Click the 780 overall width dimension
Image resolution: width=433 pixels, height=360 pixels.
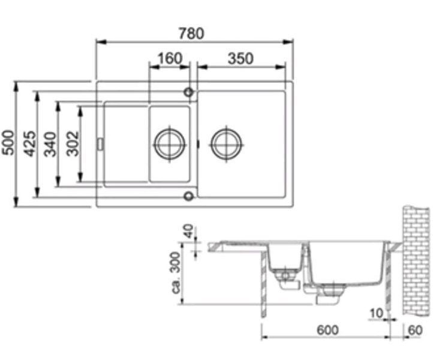[191, 33]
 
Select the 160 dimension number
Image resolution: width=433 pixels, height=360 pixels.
[170, 58]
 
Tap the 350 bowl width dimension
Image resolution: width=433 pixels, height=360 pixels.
[240, 59]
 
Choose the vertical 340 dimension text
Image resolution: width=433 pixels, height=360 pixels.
[50, 144]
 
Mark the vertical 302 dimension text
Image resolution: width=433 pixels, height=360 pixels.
[73, 143]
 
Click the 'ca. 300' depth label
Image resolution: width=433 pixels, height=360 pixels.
[176, 273]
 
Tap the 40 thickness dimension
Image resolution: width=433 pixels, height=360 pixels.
[188, 231]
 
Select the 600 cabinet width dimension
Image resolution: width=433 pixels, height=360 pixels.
[327, 330]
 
